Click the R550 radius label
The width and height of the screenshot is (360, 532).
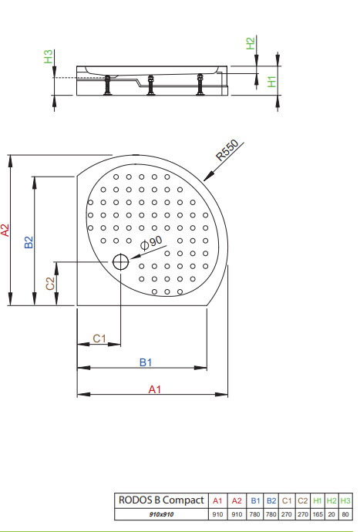click(x=227, y=150)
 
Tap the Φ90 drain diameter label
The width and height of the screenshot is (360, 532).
click(x=151, y=243)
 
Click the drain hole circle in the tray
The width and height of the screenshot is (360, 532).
click(x=120, y=262)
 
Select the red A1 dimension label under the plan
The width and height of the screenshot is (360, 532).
click(x=154, y=389)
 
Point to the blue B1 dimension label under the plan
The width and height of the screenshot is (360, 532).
click(x=146, y=362)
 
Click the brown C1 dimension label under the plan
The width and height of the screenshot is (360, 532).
click(x=99, y=338)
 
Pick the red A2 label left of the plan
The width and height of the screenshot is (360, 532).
click(x=5, y=230)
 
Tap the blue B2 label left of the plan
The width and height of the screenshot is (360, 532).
click(x=29, y=242)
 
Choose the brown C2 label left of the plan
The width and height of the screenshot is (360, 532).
click(x=50, y=284)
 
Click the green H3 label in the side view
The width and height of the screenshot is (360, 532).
click(x=49, y=56)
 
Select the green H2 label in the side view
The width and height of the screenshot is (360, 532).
click(x=250, y=43)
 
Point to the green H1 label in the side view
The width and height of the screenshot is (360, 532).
click(x=272, y=82)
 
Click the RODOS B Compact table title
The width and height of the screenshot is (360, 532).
click(x=161, y=500)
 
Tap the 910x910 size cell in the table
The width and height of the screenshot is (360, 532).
click(x=161, y=514)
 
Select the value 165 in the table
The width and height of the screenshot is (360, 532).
click(x=318, y=514)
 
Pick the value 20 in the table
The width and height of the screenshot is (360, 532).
click(x=331, y=514)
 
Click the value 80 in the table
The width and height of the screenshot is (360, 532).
click(x=345, y=514)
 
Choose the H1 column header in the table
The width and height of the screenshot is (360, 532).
click(x=318, y=501)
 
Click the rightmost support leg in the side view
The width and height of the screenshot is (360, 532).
click(x=200, y=84)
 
